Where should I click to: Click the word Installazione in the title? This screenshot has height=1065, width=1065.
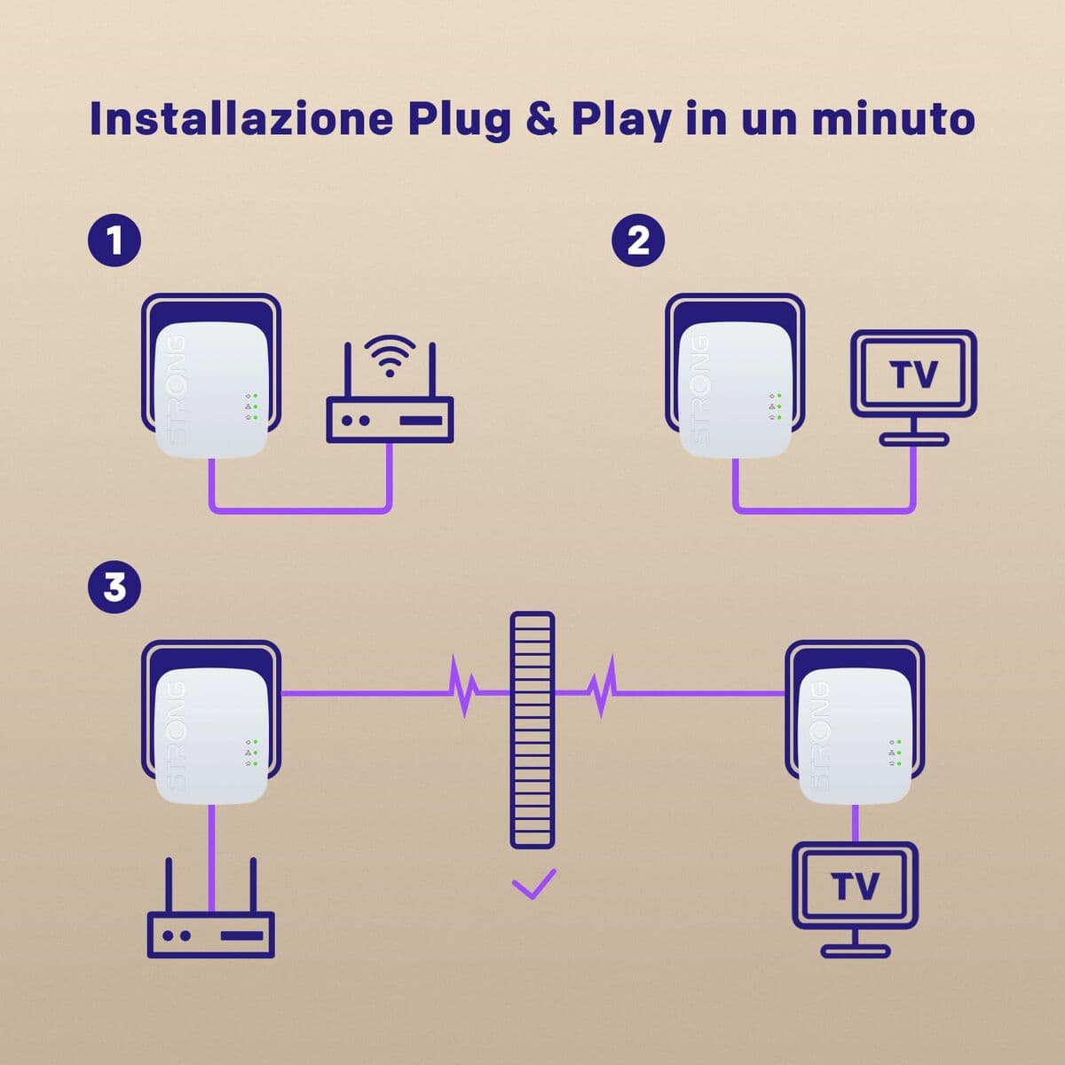pos(241,119)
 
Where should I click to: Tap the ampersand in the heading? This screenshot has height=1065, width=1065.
pos(541,119)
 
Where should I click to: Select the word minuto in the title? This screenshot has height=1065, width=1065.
pos(893,119)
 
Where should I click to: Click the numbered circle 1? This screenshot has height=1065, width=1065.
pos(114,241)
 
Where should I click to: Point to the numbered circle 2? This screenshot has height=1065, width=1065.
pos(638,241)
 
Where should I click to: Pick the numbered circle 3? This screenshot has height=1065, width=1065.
pos(114,587)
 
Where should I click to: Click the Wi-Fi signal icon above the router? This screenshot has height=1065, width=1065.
pos(389,355)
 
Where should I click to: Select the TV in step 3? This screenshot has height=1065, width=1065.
pos(855,887)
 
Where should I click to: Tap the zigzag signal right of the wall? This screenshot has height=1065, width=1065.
pos(602,688)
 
